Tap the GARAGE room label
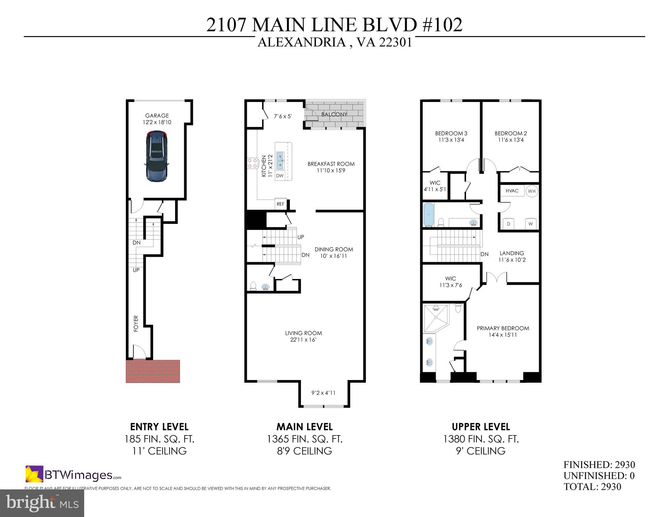(157, 116)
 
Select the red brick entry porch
(153, 371)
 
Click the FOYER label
(136, 323)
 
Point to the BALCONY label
(334, 114)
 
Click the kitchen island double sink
(280, 161)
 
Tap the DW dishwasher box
(280, 176)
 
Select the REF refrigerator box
(280, 204)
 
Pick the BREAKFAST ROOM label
(331, 164)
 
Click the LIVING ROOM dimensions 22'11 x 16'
(303, 340)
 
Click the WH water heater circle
(532, 191)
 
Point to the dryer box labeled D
(509, 224)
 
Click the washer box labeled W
(531, 224)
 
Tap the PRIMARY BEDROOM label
(503, 328)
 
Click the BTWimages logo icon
(34, 474)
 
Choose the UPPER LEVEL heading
(480, 427)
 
